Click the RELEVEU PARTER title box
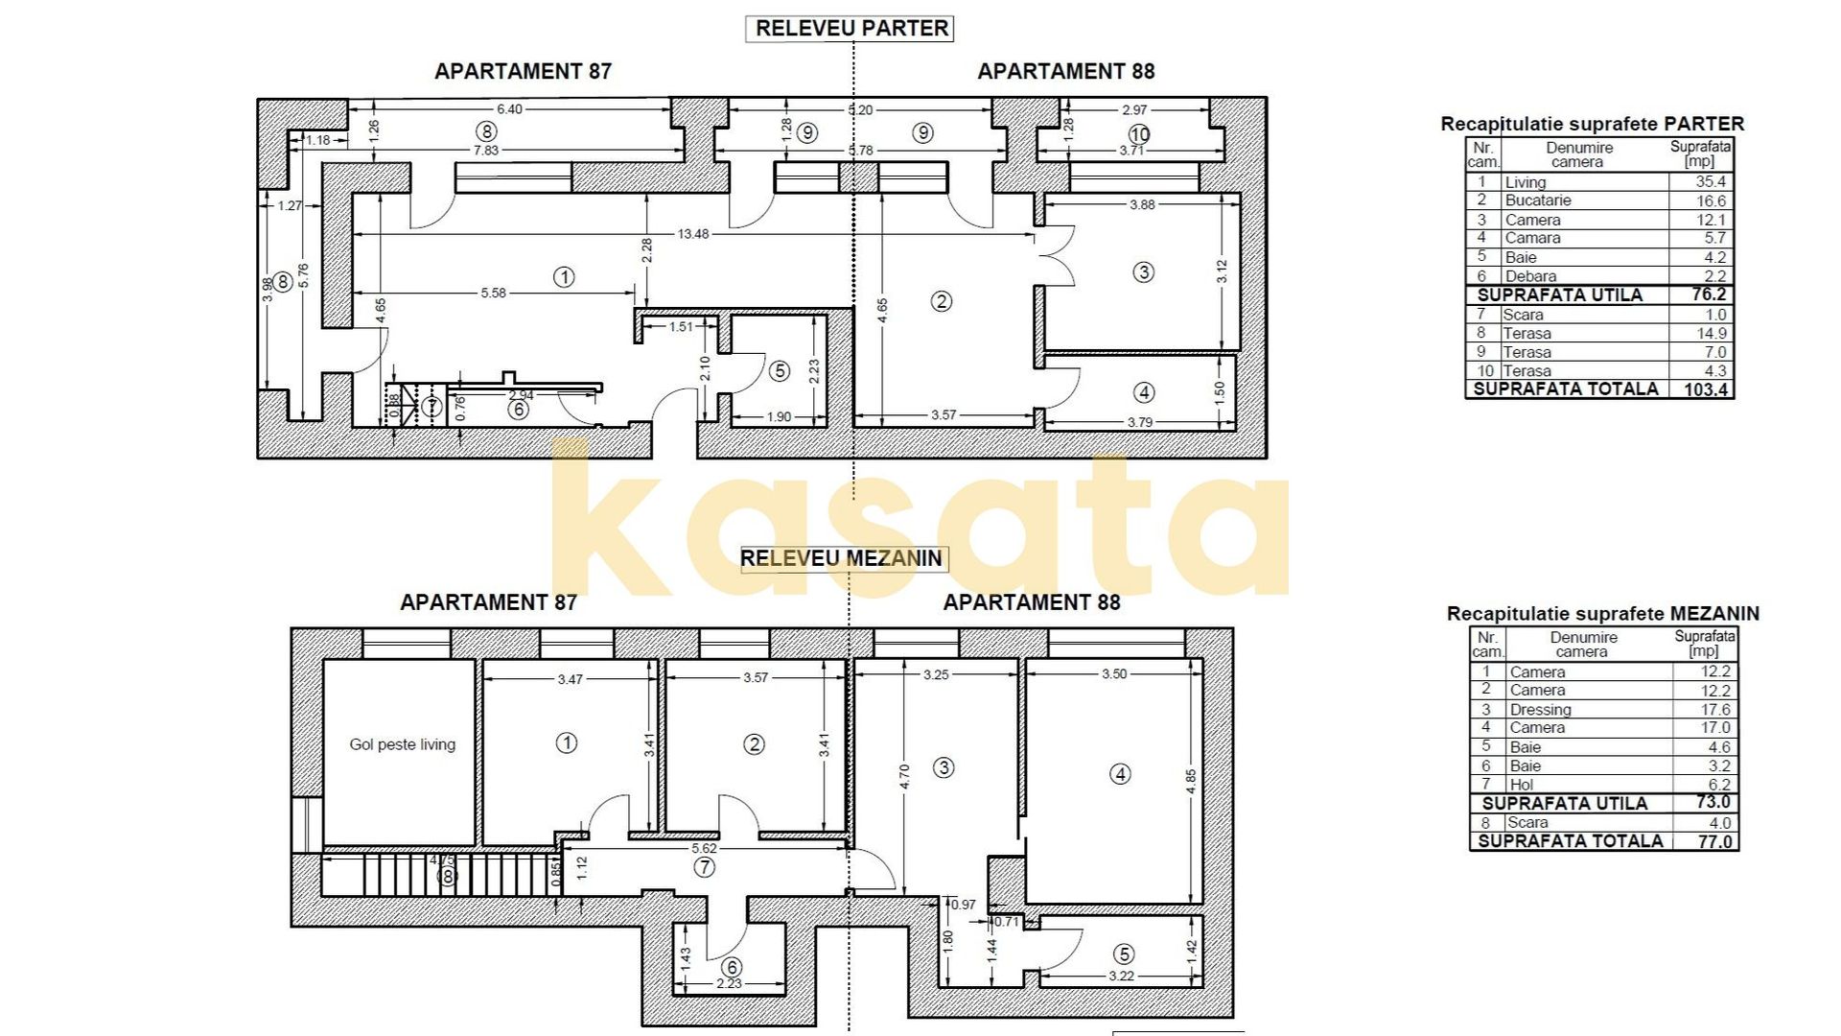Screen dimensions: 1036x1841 [x=851, y=29]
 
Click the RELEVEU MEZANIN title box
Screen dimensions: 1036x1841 [x=843, y=558]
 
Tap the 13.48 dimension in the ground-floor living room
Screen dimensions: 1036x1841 [x=692, y=234]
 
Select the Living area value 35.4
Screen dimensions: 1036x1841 [x=1710, y=181]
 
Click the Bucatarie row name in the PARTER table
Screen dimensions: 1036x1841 [x=1537, y=200]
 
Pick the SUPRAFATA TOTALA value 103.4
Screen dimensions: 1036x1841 [x=1706, y=389]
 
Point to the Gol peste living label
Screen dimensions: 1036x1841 [x=402, y=744]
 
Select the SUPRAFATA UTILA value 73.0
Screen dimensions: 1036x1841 [x=1713, y=803]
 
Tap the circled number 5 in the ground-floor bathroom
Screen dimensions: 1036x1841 [x=780, y=370]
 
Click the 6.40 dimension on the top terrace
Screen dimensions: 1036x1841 [x=509, y=109]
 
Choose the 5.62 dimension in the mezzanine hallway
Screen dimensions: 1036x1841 [x=704, y=848]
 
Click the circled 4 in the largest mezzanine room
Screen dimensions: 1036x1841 [x=1120, y=774]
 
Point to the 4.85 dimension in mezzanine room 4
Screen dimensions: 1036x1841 [x=1191, y=781]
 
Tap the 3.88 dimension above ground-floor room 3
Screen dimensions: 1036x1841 [x=1141, y=204]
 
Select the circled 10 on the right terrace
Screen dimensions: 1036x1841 [x=1139, y=134]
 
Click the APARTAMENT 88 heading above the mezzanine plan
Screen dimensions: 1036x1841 [x=1031, y=602]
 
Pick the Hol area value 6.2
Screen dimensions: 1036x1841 [x=1719, y=785]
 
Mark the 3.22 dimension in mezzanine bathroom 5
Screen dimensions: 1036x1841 [x=1121, y=977]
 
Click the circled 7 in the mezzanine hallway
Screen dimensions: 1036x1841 [x=705, y=867]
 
